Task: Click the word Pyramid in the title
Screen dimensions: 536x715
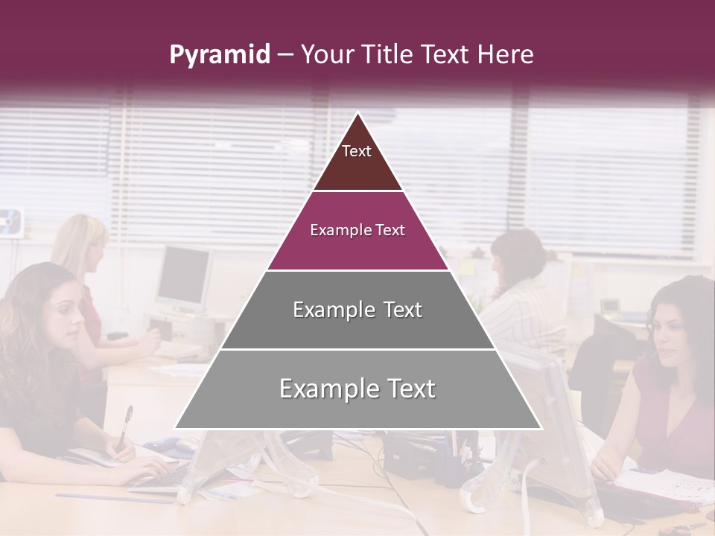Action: click(219, 55)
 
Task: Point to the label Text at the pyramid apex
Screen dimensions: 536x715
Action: click(357, 151)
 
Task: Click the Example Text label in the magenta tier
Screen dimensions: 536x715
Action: click(357, 230)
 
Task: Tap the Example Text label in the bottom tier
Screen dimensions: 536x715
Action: click(357, 389)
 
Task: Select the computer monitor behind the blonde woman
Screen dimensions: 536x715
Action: click(183, 277)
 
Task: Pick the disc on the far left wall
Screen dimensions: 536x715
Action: click(11, 221)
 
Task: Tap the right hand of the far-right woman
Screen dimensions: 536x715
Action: click(605, 469)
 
